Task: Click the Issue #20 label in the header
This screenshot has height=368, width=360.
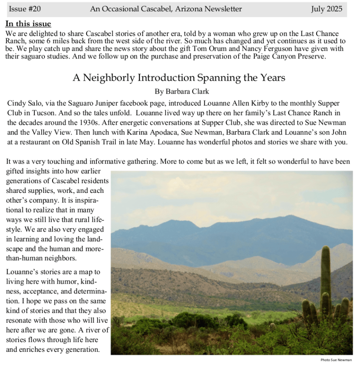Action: coord(25,9)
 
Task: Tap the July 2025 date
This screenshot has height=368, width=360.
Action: coord(326,9)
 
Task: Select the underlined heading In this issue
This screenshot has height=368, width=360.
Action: coord(28,24)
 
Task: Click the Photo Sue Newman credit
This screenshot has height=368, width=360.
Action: coord(336,360)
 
